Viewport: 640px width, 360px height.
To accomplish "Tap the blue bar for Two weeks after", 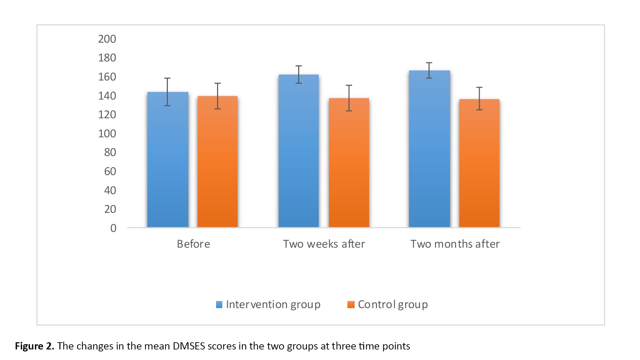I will (x=298, y=151).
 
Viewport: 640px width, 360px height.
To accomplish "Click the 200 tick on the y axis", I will (x=107, y=39).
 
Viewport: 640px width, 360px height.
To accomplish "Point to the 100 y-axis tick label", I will (x=107, y=134).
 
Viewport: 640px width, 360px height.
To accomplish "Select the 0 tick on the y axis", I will (x=113, y=228).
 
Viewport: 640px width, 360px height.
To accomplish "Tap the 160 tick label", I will (x=107, y=77).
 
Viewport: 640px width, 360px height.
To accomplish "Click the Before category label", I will (x=193, y=244).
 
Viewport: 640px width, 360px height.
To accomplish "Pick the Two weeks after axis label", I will (x=324, y=244).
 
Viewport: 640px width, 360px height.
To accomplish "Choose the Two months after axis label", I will (x=455, y=244).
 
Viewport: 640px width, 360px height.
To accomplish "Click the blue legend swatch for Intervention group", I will (x=219, y=305).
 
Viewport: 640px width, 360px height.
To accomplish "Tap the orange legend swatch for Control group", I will (x=351, y=305).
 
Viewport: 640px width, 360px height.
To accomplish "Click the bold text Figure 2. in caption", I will (x=34, y=346).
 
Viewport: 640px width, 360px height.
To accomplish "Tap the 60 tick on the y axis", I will (x=110, y=171).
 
